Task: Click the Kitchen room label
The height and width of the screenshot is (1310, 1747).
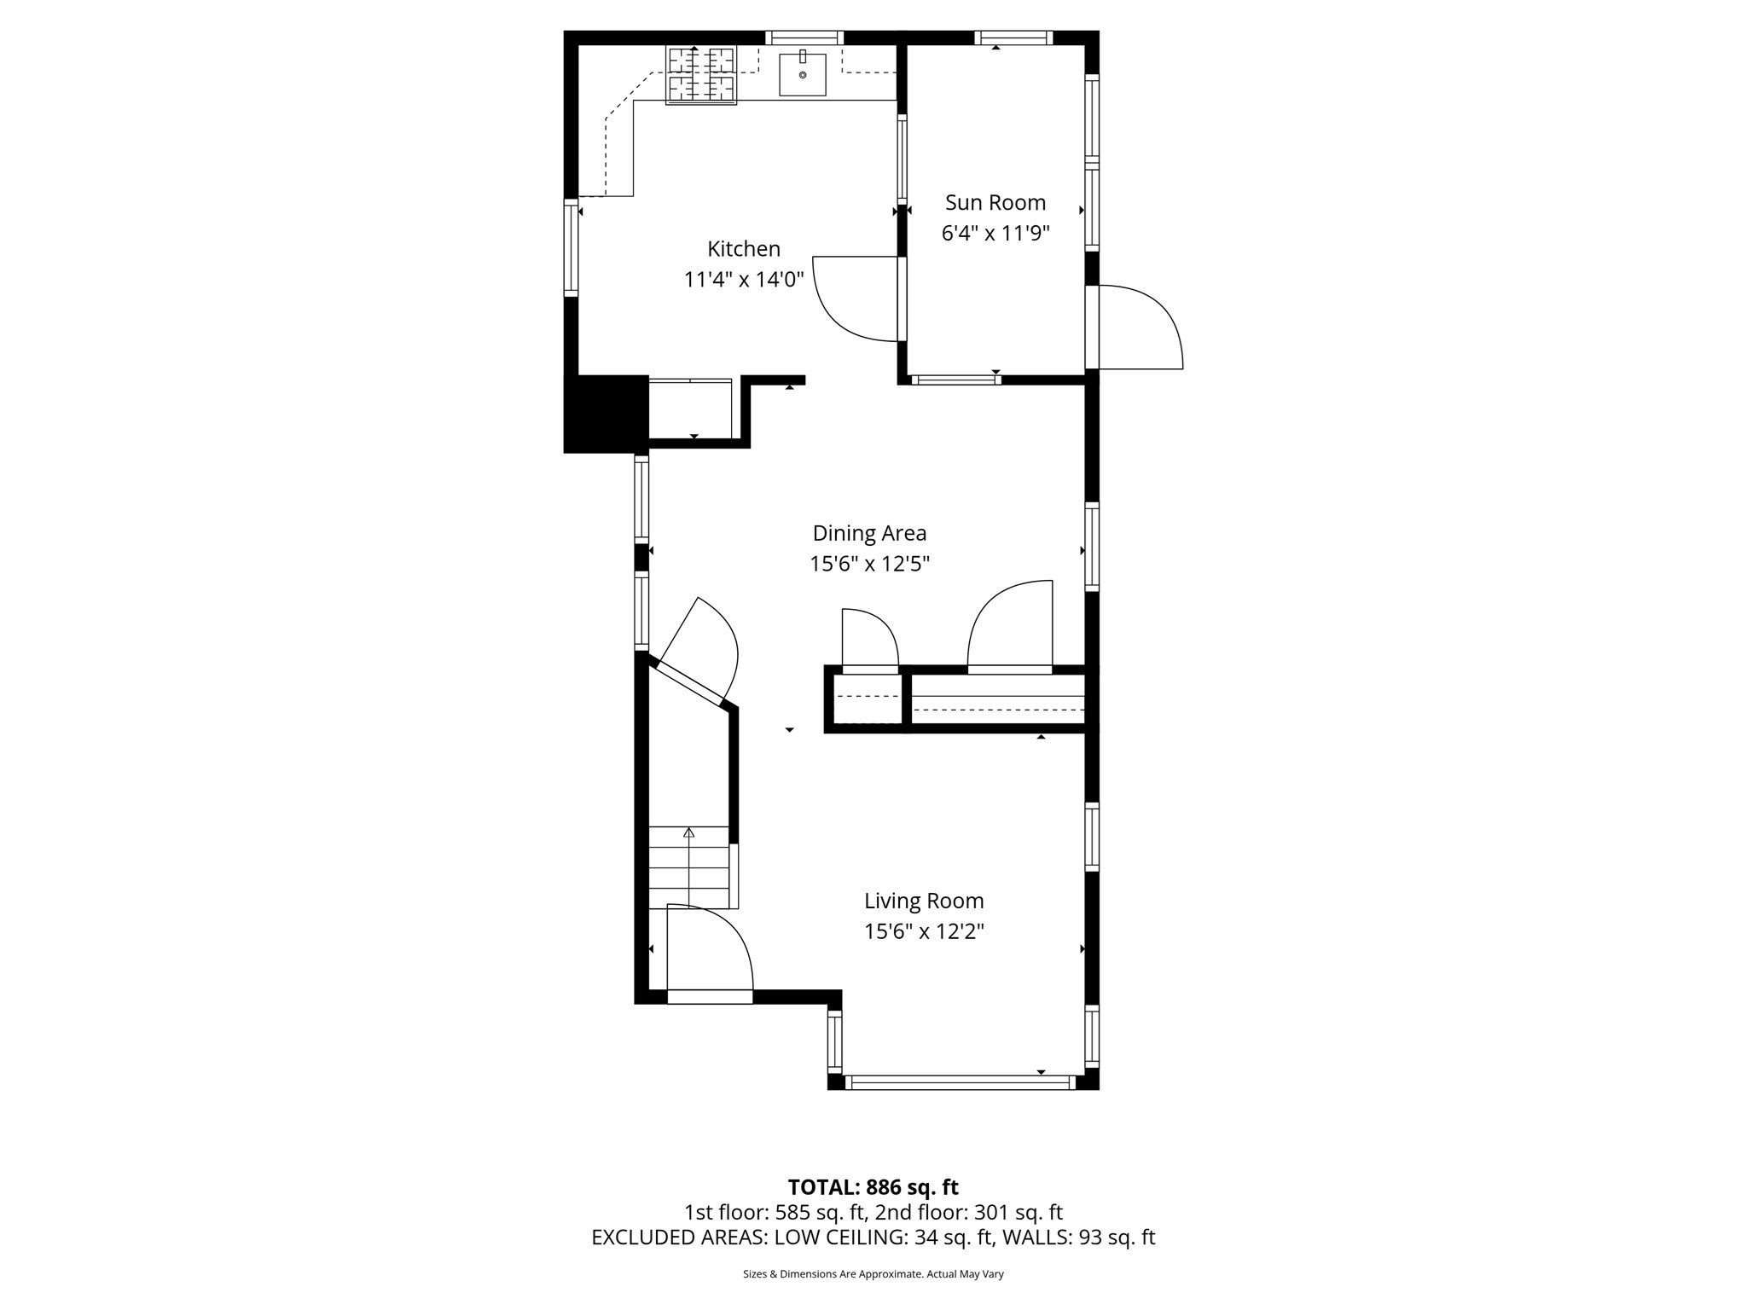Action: click(x=743, y=249)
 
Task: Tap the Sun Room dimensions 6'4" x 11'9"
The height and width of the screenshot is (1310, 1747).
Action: click(x=995, y=234)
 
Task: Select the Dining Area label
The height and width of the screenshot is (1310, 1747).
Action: click(x=868, y=533)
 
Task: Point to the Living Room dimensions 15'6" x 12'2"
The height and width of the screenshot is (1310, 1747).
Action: click(x=924, y=931)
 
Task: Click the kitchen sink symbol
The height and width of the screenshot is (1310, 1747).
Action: click(x=802, y=74)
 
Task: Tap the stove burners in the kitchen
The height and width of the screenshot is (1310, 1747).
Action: click(x=700, y=74)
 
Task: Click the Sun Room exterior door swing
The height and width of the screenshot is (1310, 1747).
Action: click(x=1139, y=328)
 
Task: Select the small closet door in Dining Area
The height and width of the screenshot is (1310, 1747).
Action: click(x=869, y=641)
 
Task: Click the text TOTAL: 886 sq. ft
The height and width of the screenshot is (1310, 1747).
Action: click(x=873, y=1187)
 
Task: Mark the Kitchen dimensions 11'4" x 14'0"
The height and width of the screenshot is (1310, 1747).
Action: click(x=744, y=280)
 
